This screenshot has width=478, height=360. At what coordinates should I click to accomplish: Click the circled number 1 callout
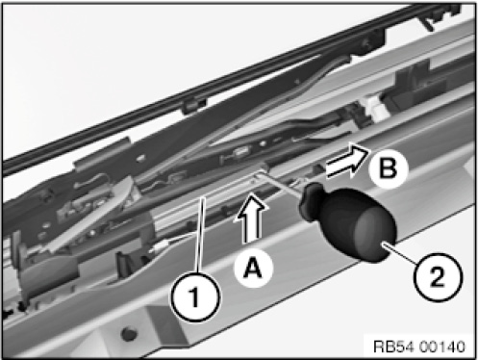[x=195, y=296]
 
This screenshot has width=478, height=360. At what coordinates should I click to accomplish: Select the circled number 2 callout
[x=438, y=276]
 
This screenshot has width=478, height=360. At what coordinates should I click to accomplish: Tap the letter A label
[x=253, y=268]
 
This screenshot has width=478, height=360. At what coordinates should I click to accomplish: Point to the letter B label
[x=389, y=167]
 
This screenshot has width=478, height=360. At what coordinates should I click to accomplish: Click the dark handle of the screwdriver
[x=348, y=221]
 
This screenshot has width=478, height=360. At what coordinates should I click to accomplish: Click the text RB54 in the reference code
[x=393, y=347]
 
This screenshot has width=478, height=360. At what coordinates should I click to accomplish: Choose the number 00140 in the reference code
[x=441, y=347]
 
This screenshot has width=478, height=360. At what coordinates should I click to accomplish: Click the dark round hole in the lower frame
[x=129, y=334]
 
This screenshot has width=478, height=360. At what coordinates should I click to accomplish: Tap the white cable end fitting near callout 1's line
[x=162, y=245]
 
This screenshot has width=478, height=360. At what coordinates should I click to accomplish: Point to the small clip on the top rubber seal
[x=193, y=105]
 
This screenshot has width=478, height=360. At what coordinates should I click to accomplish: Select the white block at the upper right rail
[x=376, y=110]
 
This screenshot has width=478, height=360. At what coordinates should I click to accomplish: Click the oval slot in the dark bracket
[x=242, y=151]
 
